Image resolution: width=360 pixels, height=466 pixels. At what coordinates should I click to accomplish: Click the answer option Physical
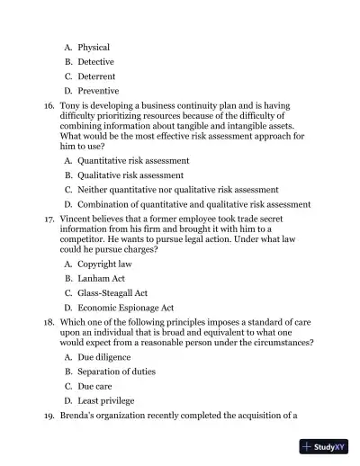(94, 47)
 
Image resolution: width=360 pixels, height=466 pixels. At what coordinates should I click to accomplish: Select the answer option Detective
(95, 62)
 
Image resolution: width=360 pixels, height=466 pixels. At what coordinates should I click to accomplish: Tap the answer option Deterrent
(96, 76)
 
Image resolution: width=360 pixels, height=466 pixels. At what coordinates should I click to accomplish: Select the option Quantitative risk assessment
(132, 160)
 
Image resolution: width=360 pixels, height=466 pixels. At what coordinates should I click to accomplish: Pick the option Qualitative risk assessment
(130, 175)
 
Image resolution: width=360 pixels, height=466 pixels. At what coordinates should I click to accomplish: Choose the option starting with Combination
(193, 204)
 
